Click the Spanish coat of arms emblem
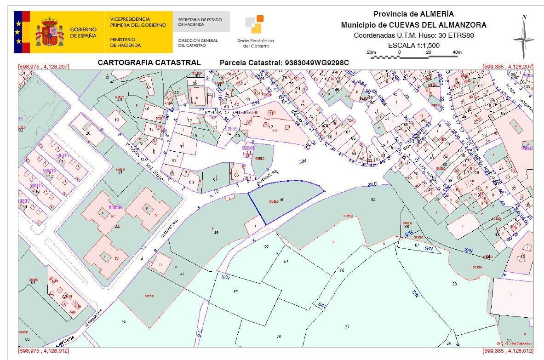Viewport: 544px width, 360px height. click(x=49, y=32)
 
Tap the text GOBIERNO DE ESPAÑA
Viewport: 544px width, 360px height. click(x=83, y=32)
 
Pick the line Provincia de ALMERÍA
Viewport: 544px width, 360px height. click(x=413, y=14)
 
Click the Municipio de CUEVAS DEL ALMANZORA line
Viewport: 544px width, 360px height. click(x=413, y=25)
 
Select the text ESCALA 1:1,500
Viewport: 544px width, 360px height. click(x=414, y=45)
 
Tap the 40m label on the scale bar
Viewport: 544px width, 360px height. click(x=457, y=52)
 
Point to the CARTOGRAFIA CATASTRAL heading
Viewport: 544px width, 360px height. click(x=149, y=63)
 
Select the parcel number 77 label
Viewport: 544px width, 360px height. click(x=347, y=327)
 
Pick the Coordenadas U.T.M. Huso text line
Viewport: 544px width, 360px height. click(x=413, y=35)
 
